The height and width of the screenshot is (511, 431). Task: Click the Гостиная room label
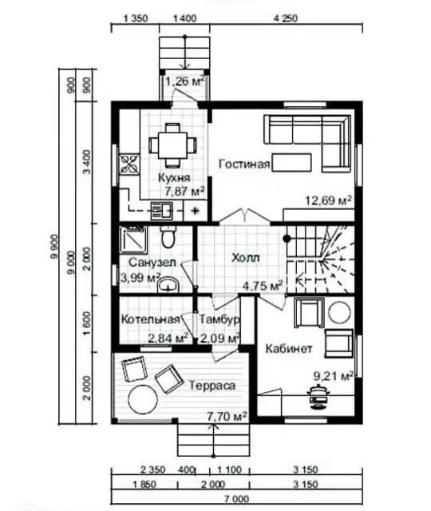tap(244, 164)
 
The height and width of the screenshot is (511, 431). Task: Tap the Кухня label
tap(174, 178)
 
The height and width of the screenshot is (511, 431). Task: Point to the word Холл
tap(246, 258)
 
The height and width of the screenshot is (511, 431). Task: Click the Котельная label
tap(151, 319)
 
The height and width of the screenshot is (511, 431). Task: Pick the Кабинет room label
tap(289, 349)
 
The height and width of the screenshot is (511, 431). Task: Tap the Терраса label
tap(212, 386)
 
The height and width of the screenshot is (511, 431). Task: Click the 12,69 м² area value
tap(328, 200)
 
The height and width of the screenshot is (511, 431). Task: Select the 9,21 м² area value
tap(334, 376)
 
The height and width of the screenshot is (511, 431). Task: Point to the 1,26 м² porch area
tap(185, 81)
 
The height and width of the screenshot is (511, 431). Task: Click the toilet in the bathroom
tap(168, 236)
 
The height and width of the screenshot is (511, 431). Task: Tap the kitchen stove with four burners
tap(129, 164)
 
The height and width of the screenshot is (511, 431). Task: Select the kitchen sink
tap(161, 210)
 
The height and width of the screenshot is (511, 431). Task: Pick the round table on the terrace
tap(143, 399)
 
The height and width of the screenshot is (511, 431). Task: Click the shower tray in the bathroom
tap(132, 240)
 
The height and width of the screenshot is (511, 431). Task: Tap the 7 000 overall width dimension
tap(236, 499)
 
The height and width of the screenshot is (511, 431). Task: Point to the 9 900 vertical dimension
tap(54, 247)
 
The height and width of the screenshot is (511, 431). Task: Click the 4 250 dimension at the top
tap(286, 18)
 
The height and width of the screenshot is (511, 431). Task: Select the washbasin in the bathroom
tap(168, 285)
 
